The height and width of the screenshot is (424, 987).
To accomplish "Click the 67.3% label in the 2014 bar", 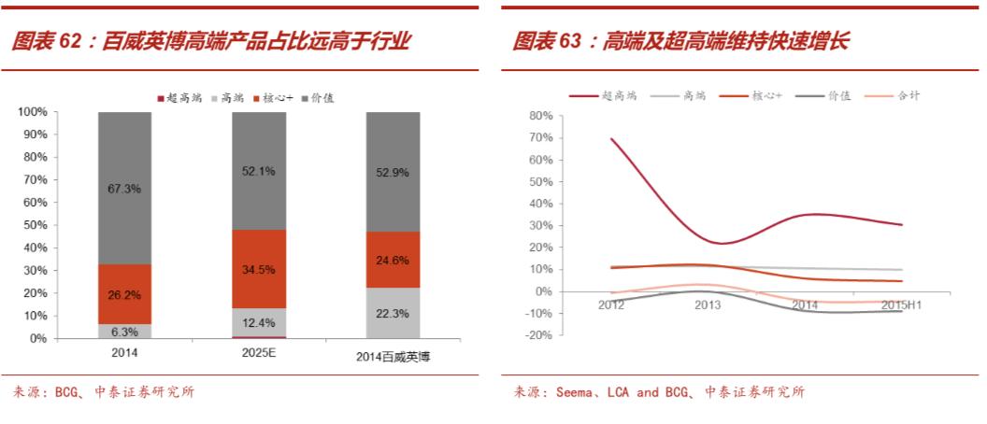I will click(124, 189).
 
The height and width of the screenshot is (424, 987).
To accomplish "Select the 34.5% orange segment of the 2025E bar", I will click(259, 269).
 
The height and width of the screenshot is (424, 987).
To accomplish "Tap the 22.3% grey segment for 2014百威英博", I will click(393, 313).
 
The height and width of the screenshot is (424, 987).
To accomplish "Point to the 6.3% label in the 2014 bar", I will click(124, 331).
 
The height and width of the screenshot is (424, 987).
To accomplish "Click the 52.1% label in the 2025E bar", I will click(259, 171).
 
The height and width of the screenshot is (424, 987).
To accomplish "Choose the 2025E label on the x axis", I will click(259, 353).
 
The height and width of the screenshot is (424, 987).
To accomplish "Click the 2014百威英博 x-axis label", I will click(393, 356).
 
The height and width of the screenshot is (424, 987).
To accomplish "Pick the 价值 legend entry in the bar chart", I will click(318, 97).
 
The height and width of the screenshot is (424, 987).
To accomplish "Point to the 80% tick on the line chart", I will click(541, 116).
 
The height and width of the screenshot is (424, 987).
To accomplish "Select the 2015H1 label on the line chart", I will click(901, 304).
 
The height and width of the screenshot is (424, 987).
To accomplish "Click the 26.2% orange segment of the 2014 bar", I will click(124, 294).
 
